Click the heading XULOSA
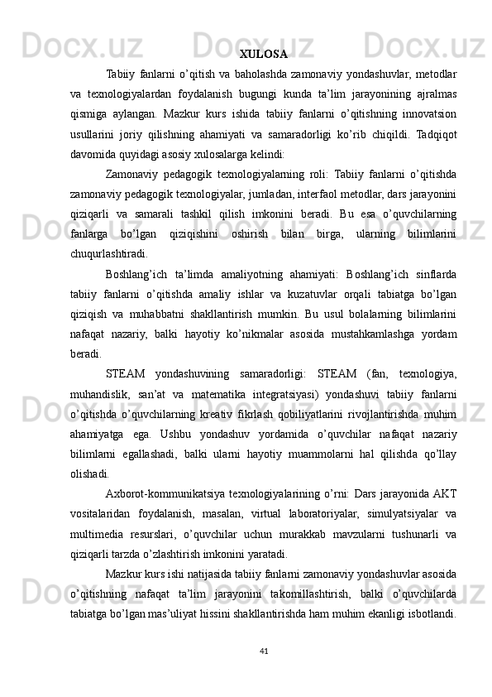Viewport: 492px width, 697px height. tap(263, 55)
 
